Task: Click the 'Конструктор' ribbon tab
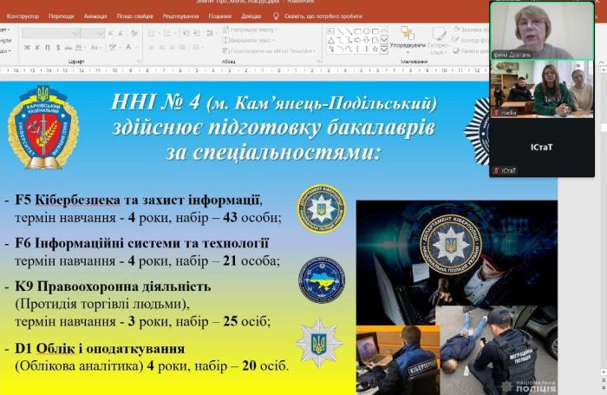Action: (x=23, y=16)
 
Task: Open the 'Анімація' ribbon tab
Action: (x=96, y=16)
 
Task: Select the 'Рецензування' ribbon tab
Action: (x=180, y=16)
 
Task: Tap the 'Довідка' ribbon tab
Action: (x=251, y=16)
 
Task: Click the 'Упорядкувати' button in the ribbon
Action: (x=407, y=45)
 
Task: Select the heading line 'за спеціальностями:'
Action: (x=273, y=154)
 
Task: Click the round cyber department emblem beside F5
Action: (x=322, y=209)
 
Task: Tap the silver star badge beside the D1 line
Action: (x=318, y=342)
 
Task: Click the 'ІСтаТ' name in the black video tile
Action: (x=542, y=147)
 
